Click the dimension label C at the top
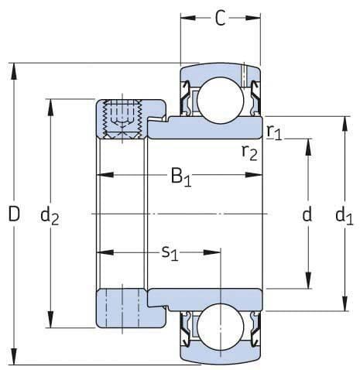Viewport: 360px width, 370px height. pyautogui.click(x=221, y=19)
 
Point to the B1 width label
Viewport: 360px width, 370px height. pyautogui.click(x=181, y=177)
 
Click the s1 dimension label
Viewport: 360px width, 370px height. pyautogui.click(x=169, y=252)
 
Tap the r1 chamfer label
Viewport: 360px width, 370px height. pyautogui.click(x=274, y=132)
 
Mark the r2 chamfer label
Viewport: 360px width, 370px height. pyautogui.click(x=249, y=151)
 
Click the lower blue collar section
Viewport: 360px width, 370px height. pyautogui.click(x=121, y=308)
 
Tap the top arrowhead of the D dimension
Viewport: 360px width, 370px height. pyautogui.click(x=14, y=67)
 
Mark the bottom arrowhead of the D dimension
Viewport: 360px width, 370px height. pyautogui.click(x=14, y=359)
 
